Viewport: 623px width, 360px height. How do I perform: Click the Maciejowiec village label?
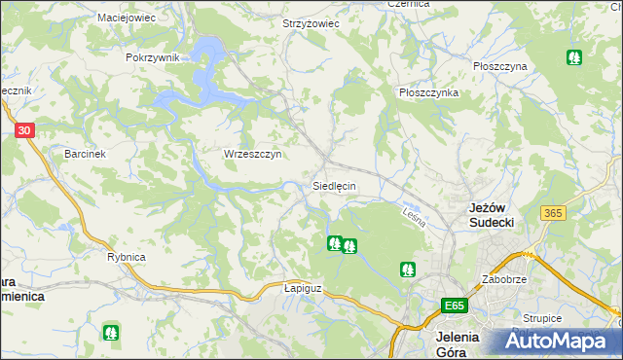[x=128, y=18]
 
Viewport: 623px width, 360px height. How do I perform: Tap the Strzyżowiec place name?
[x=310, y=22]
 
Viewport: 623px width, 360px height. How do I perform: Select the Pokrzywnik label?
[x=153, y=57]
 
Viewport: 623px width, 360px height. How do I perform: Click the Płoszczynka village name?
[x=428, y=92]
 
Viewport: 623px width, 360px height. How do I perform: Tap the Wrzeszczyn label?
[x=252, y=155]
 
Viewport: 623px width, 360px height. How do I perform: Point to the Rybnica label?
[x=126, y=257]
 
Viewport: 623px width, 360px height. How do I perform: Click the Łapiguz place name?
[x=302, y=288]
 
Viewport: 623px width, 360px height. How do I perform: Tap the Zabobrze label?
[x=503, y=279]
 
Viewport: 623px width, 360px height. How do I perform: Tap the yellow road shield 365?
[x=554, y=213]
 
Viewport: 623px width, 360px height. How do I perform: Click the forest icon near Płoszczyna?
[x=574, y=57]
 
